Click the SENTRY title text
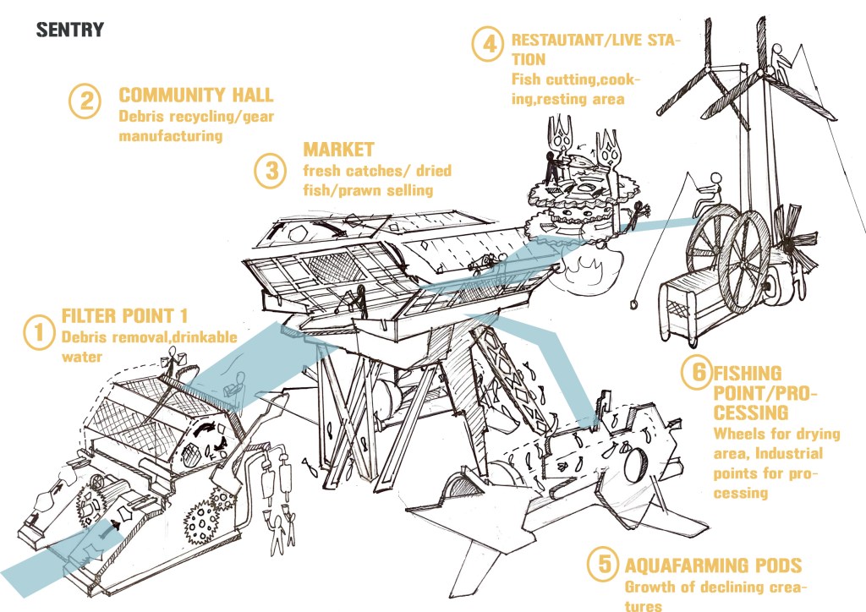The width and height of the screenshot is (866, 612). [x=70, y=30]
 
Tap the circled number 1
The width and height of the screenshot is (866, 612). [x=39, y=332]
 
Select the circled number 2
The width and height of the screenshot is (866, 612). [x=85, y=101]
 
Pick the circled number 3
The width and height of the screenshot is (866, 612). [x=271, y=171]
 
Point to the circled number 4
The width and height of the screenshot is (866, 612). [x=488, y=44]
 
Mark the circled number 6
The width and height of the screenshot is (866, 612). [x=697, y=372]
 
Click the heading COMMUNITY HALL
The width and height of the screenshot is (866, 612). [x=196, y=95]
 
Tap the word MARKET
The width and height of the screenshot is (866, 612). [x=338, y=150]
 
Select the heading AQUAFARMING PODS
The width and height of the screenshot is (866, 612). [x=713, y=566]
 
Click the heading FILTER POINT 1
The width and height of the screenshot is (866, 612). [x=124, y=316]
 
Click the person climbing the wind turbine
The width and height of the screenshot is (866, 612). [x=779, y=63]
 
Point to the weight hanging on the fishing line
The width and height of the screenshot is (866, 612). [x=633, y=304]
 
